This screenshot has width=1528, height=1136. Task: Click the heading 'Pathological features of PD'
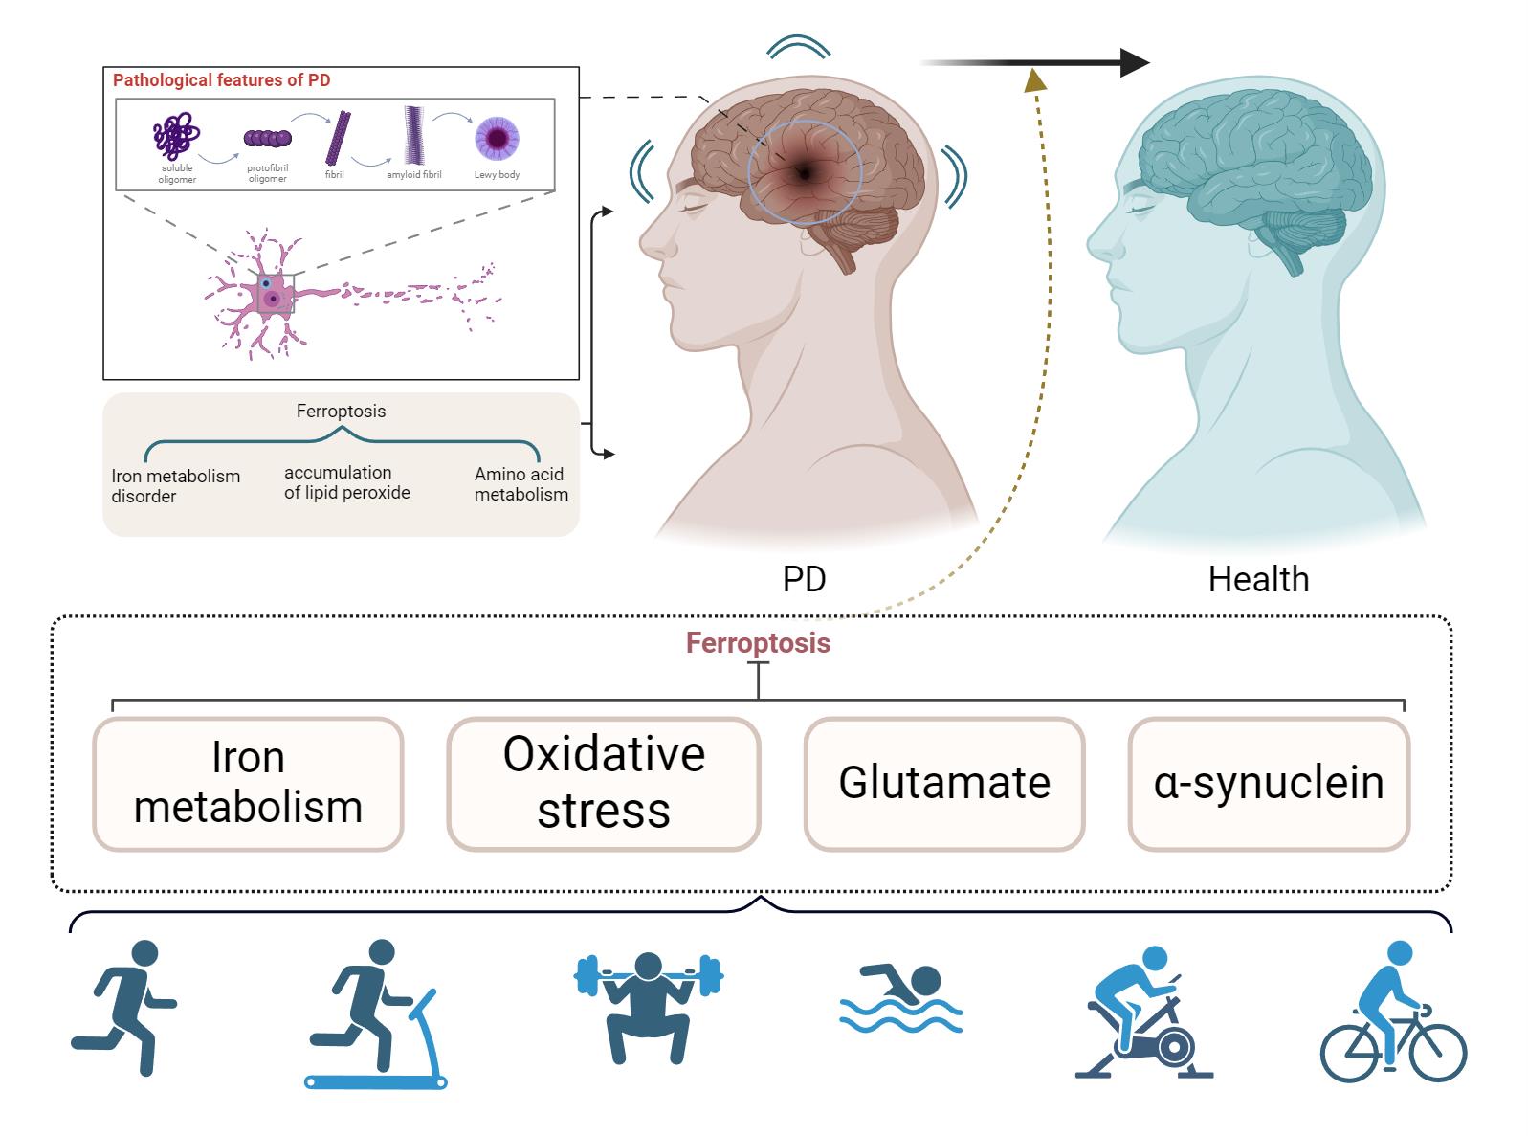pyautogui.click(x=221, y=80)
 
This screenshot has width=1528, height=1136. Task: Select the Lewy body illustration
pyautogui.click(x=497, y=138)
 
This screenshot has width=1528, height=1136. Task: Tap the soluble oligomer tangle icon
pyautogui.click(x=176, y=135)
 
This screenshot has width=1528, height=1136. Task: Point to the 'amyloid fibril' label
pyautogui.click(x=413, y=174)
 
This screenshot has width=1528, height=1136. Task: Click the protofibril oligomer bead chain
pyautogui.click(x=267, y=138)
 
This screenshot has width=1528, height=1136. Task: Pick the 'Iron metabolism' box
pyautogui.click(x=248, y=784)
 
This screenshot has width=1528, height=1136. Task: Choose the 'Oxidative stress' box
pyautogui.click(x=604, y=784)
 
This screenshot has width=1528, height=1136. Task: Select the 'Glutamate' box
pyautogui.click(x=944, y=784)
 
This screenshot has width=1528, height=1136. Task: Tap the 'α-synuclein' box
pyautogui.click(x=1269, y=784)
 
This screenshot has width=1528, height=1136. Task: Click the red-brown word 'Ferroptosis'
pyautogui.click(x=758, y=643)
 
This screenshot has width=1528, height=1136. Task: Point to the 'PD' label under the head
pyautogui.click(x=804, y=579)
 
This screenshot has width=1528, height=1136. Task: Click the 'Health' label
pyautogui.click(x=1258, y=579)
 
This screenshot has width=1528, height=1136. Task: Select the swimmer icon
pyautogui.click(x=900, y=997)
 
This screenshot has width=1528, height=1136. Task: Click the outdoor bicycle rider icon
pyautogui.click(x=1393, y=1012)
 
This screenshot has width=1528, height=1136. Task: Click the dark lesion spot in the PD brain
pyautogui.click(x=804, y=173)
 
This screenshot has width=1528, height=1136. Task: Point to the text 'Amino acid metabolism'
pyautogui.click(x=520, y=484)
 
